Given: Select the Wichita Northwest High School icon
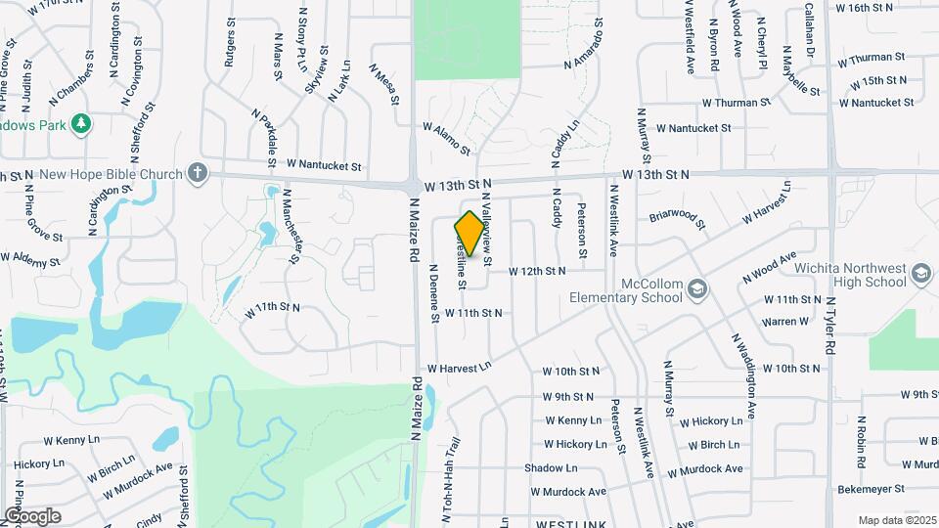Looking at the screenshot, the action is [x=921, y=275].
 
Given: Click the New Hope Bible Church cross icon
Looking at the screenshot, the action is [x=199, y=174].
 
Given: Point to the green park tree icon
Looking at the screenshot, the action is [x=83, y=123].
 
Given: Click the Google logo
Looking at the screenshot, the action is [x=32, y=516].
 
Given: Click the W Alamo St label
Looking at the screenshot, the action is [x=447, y=139].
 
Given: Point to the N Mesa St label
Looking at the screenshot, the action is [x=384, y=84].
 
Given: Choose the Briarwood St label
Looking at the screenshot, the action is [x=677, y=217].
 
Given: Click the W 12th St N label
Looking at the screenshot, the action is [x=536, y=270].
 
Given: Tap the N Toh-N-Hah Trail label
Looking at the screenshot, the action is [x=452, y=479].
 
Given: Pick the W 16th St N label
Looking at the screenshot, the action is [x=865, y=8].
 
